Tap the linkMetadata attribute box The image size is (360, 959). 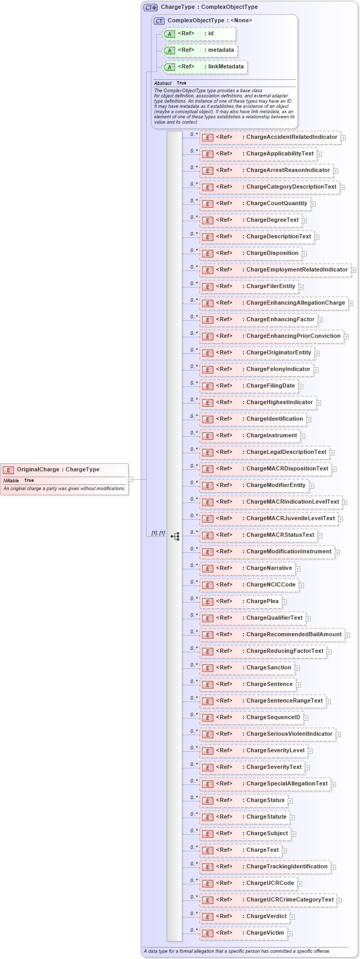tap(205, 67)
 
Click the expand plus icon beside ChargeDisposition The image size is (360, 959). tap(305, 254)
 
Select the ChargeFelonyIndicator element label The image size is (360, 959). tap(278, 369)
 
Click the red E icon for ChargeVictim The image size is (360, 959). tap(207, 933)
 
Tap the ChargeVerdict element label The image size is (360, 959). tap(266, 916)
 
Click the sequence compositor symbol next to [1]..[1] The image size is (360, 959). tap(175, 536)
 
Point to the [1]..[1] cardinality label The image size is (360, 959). tap(158, 533)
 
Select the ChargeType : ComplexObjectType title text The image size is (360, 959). tap(209, 7)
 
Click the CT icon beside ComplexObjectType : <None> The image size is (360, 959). tap(159, 21)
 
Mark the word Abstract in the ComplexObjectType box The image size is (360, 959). tap(163, 83)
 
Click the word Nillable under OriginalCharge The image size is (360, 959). tap(11, 480)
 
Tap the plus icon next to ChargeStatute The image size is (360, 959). tap(293, 818)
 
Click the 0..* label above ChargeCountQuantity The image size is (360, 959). tap(194, 201)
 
